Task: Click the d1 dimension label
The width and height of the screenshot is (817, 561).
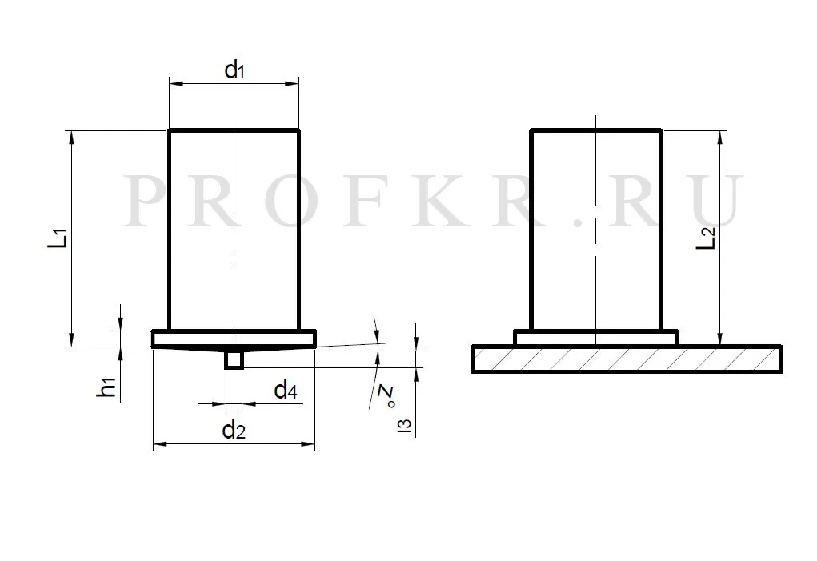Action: [234, 70]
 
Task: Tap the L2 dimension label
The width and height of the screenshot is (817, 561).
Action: [707, 238]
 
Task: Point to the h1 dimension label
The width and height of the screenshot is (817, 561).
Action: [106, 387]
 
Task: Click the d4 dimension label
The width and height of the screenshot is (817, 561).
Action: [286, 390]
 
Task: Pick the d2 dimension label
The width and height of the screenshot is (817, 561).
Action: [234, 431]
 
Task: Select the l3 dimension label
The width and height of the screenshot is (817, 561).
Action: [404, 425]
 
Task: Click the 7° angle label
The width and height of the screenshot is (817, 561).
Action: [387, 396]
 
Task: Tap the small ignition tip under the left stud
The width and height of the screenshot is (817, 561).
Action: [234, 359]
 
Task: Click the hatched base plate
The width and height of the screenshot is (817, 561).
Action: [627, 359]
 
